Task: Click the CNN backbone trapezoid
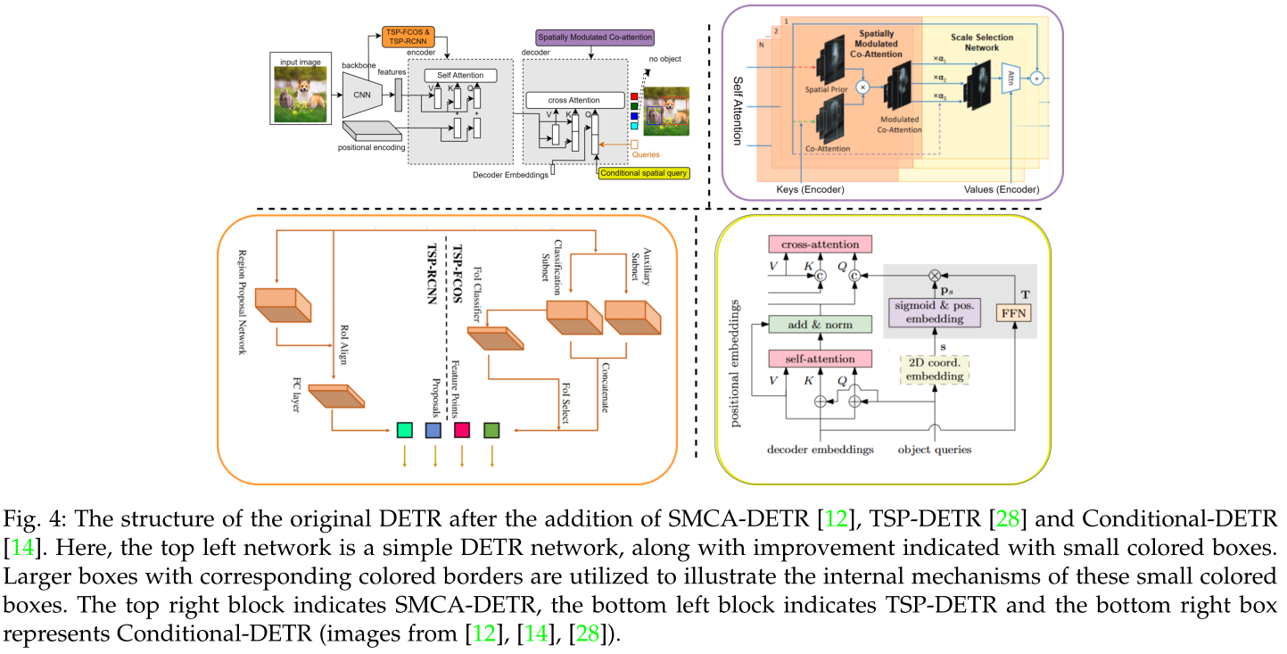pyautogui.click(x=361, y=95)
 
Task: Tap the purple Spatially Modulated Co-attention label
pyautogui.click(x=594, y=37)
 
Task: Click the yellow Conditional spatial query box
pyautogui.click(x=645, y=172)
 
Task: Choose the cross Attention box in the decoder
pyautogui.click(x=574, y=100)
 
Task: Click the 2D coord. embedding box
pyautogui.click(x=934, y=368)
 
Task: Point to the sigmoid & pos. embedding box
pyautogui.click(x=934, y=312)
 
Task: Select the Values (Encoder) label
pyautogui.click(x=1002, y=189)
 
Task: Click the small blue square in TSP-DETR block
pyautogui.click(x=433, y=431)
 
